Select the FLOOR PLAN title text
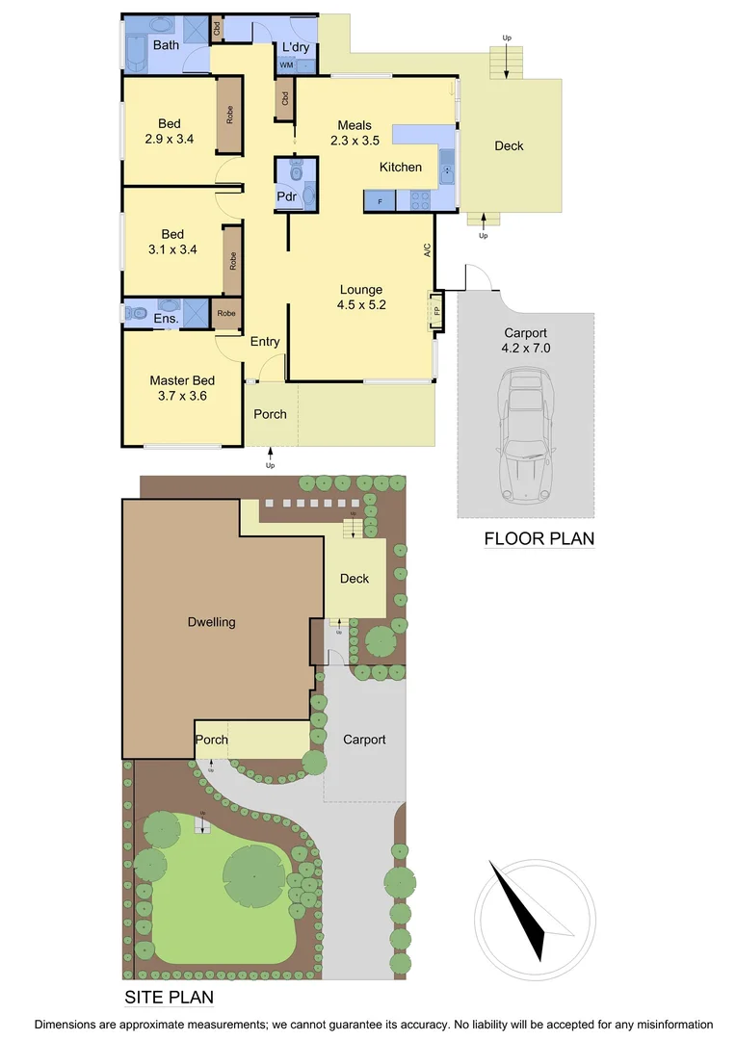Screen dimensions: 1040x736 [539, 538]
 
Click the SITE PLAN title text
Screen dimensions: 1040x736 [169, 997]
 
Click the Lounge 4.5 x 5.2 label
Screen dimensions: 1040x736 [361, 298]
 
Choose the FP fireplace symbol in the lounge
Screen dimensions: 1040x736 [436, 312]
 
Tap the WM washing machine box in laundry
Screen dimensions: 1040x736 [286, 65]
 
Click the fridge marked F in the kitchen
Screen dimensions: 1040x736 [380, 201]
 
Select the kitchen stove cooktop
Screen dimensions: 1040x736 [421, 201]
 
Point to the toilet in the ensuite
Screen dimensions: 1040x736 [134, 313]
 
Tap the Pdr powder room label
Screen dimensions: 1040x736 [286, 196]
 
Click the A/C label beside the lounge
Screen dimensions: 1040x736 [427, 250]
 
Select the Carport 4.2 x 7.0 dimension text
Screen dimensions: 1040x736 [526, 340]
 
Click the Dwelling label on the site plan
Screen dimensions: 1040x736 [211, 622]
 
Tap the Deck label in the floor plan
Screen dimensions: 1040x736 [509, 145]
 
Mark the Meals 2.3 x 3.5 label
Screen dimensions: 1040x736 [354, 133]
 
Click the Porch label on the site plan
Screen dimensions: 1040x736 [212, 740]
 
